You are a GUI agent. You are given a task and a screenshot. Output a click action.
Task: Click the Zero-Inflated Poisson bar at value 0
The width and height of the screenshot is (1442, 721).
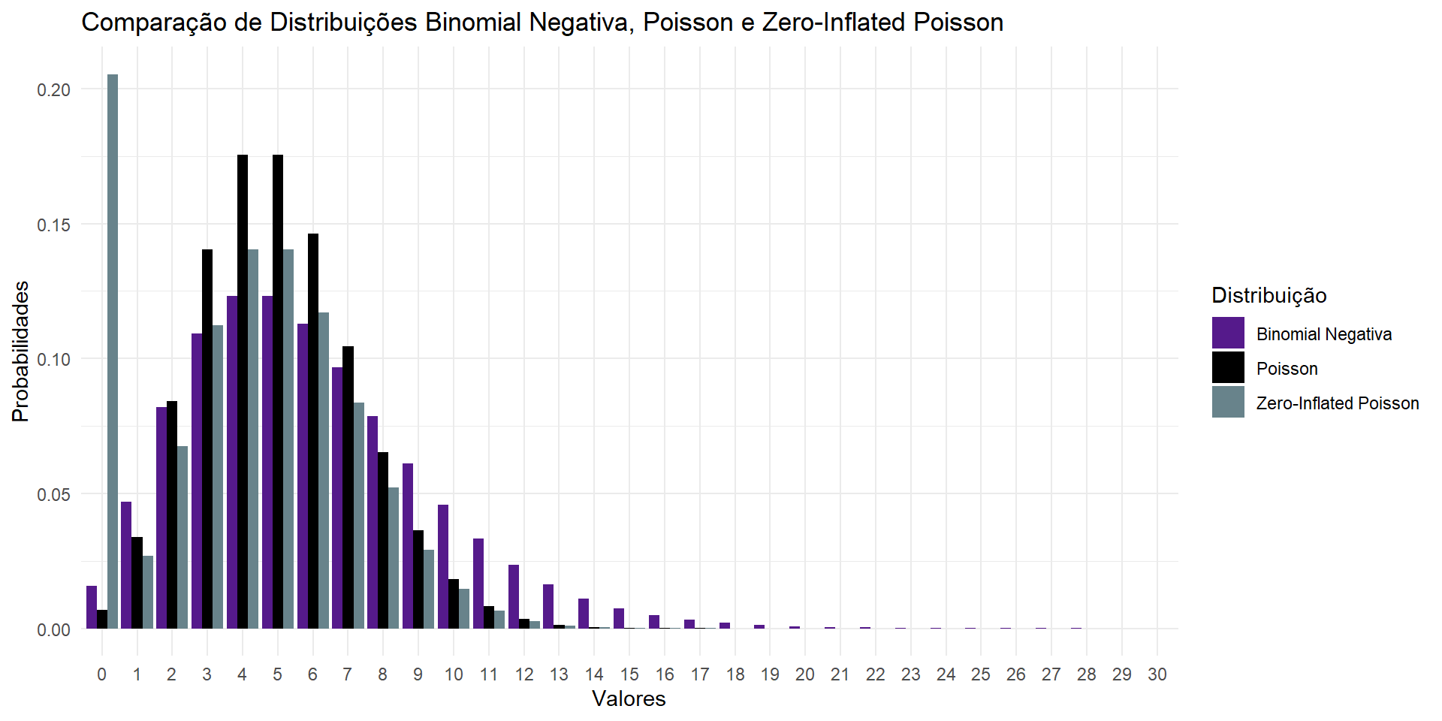tap(113, 351)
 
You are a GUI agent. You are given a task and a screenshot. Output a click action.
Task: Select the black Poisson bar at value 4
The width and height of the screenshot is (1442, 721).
tap(243, 391)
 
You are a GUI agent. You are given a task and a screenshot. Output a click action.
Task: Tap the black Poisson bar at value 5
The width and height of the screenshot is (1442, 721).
tap(278, 391)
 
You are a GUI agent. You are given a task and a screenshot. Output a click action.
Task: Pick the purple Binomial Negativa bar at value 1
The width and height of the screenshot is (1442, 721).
tap(126, 565)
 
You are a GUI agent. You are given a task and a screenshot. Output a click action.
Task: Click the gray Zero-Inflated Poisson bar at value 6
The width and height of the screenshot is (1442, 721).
tap(324, 470)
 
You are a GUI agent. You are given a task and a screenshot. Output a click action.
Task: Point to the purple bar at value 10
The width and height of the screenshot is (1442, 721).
tap(443, 566)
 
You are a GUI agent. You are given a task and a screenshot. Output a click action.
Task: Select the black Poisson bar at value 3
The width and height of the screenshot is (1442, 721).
tap(207, 439)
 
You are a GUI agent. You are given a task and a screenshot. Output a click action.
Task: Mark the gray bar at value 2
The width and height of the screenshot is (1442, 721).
tap(183, 537)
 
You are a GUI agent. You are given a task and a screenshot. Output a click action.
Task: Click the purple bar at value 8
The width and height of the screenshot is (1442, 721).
tap(373, 522)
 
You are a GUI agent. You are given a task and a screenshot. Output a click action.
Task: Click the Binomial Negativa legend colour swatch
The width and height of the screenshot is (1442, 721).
tap(1228, 333)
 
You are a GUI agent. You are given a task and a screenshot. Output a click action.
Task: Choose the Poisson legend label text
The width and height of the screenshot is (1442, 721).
tap(1287, 369)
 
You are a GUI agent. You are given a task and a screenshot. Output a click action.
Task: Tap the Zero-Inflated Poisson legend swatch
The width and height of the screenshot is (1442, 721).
tap(1228, 403)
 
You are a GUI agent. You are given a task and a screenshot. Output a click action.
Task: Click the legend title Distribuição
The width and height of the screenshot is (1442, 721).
tap(1269, 295)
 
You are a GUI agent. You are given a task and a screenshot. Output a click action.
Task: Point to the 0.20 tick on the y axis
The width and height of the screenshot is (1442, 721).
tap(54, 89)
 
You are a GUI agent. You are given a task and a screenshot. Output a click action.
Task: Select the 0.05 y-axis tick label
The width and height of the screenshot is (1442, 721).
tap(54, 494)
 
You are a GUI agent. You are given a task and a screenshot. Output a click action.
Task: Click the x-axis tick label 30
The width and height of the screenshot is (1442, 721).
tap(1157, 674)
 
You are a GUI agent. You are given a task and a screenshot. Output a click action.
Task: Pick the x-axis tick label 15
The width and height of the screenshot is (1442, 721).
tap(629, 674)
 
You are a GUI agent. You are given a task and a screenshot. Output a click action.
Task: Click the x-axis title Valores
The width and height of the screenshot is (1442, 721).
tap(629, 698)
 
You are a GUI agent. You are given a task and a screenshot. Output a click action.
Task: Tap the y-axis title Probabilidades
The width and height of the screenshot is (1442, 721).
tap(20, 351)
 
